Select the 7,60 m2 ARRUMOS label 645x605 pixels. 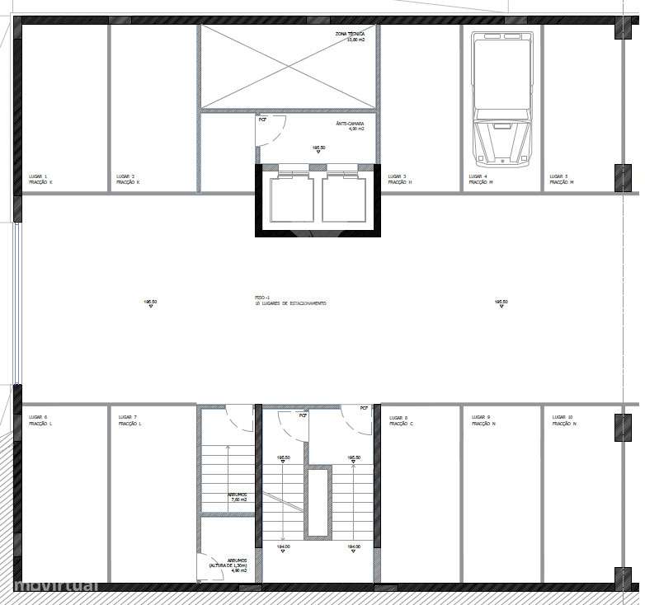coord(237,497)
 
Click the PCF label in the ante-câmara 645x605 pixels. coord(262,120)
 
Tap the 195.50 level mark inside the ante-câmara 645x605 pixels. coord(318,148)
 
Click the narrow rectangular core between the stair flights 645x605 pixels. coord(318,503)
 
